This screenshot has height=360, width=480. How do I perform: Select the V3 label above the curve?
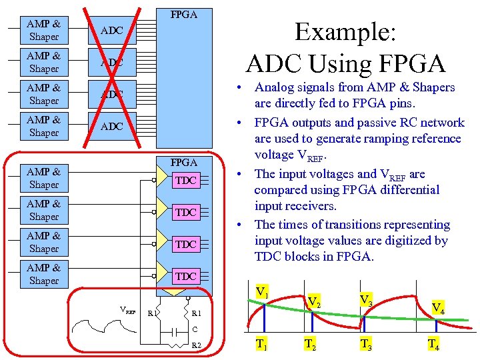(366, 300)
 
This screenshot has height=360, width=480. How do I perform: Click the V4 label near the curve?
(438, 307)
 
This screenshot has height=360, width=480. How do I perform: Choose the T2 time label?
(310, 344)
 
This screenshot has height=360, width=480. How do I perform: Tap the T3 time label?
(366, 344)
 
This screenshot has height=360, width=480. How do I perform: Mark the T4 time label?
(433, 344)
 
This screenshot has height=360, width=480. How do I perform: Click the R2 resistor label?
(196, 345)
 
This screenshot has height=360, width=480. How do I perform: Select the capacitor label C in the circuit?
(195, 329)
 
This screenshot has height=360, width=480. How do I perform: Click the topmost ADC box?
(112, 31)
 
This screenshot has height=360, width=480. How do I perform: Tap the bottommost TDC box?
(185, 276)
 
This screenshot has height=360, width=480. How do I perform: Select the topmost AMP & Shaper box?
(44, 31)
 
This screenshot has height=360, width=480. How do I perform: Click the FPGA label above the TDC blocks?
(184, 162)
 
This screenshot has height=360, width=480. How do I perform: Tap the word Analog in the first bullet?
(275, 87)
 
